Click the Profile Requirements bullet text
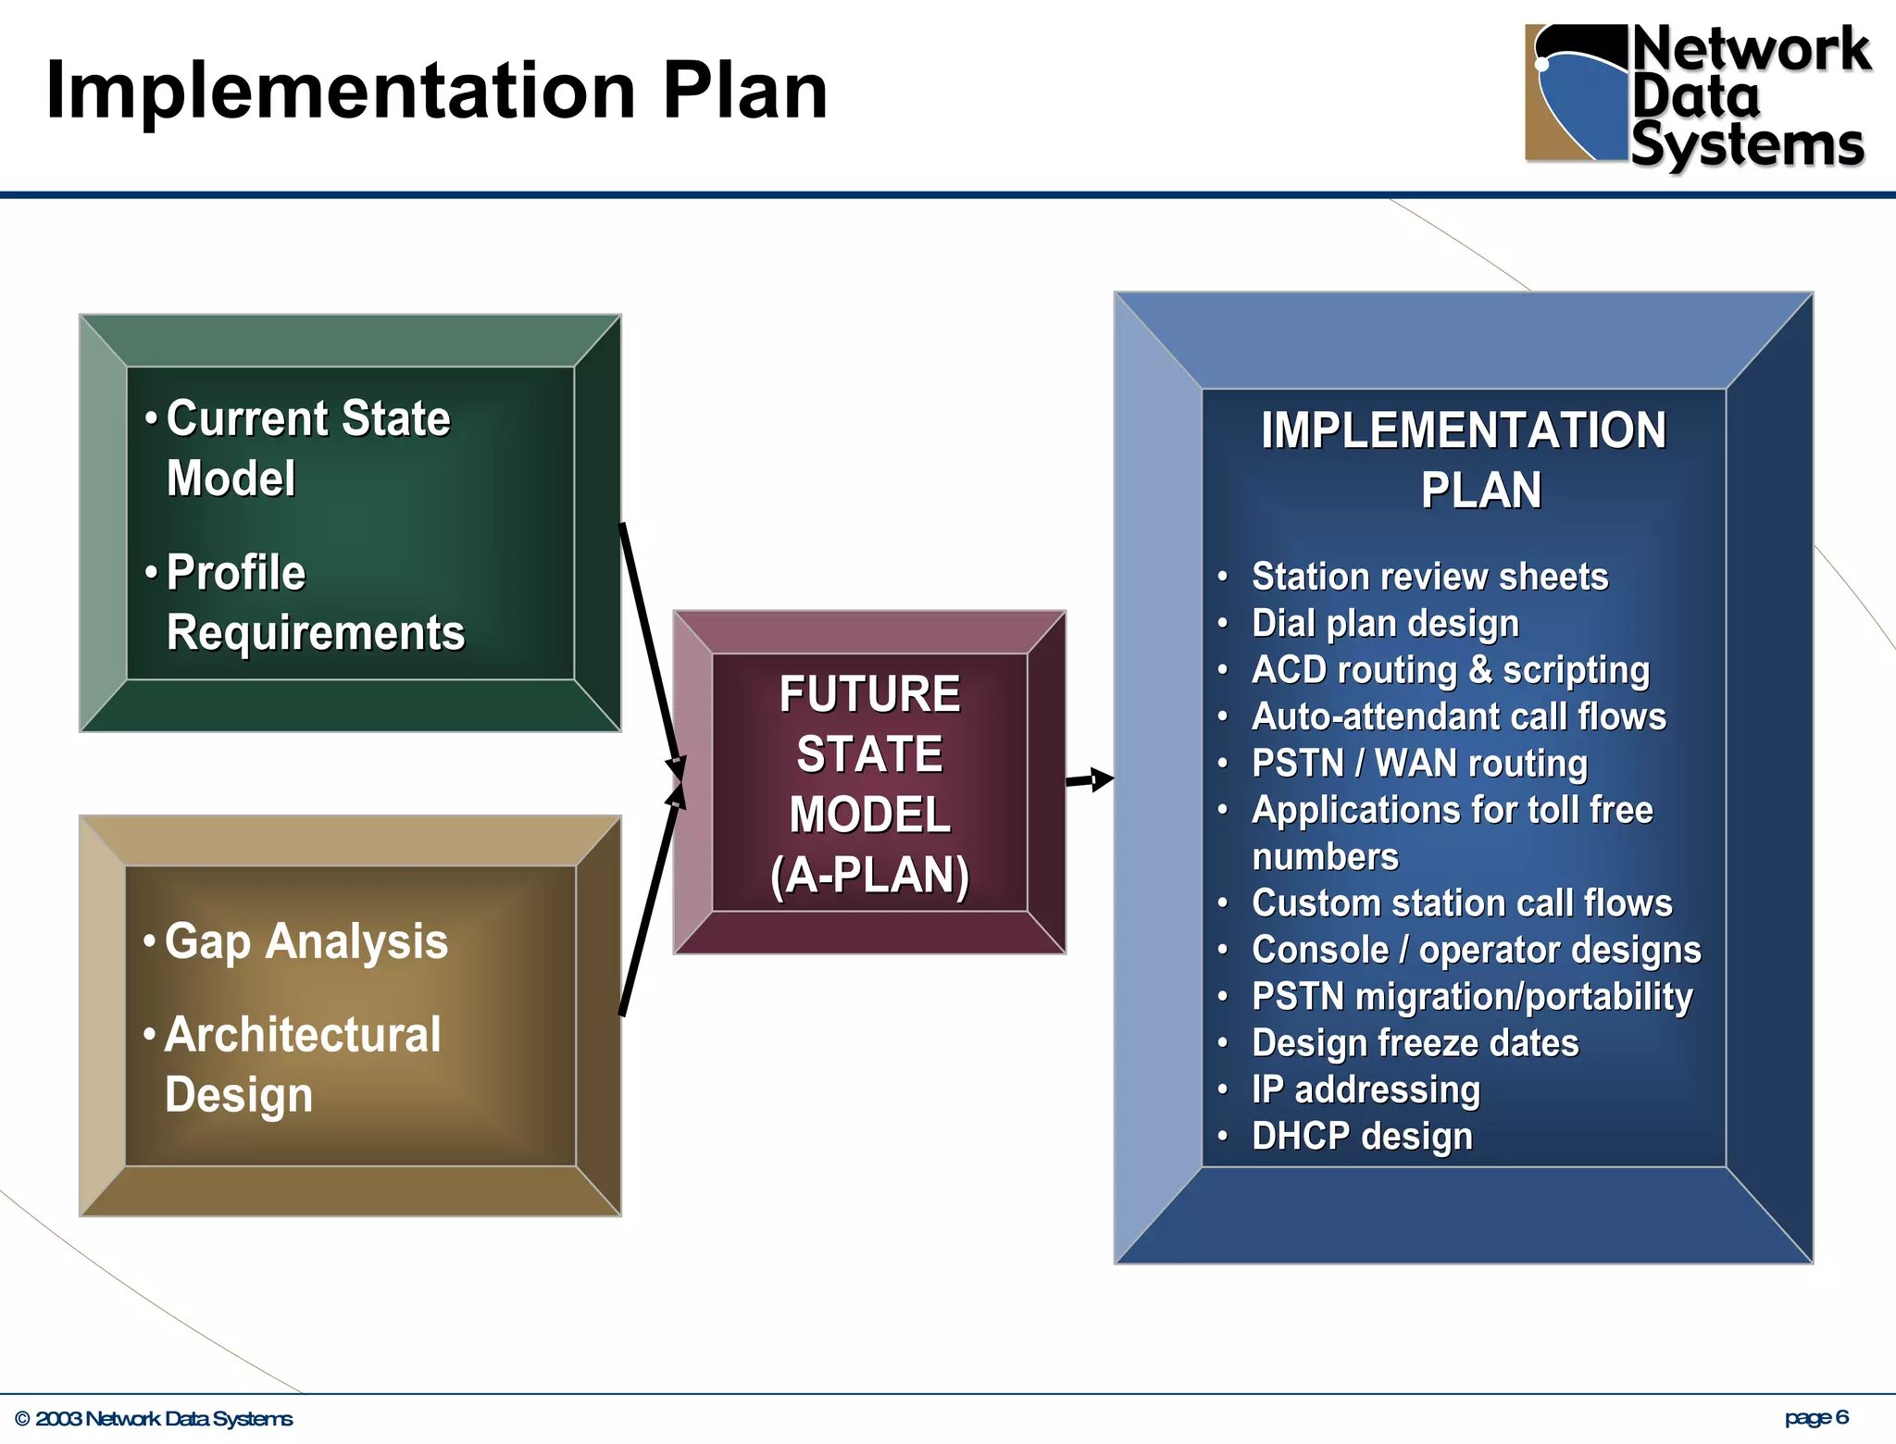pos(315,603)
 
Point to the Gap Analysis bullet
pos(306,941)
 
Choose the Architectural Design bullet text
pos(302,1064)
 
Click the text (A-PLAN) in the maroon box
pos(869,875)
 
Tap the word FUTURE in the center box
pos(869,694)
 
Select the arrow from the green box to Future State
pos(652,648)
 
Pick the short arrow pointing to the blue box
pos(1090,780)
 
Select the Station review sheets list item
pos(1429,577)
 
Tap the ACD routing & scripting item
pos(1450,670)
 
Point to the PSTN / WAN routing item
pos(1419,764)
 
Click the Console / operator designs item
pos(1476,950)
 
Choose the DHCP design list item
pos(1362,1137)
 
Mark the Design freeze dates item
pos(1415,1043)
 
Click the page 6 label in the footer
pos(1816,1417)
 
